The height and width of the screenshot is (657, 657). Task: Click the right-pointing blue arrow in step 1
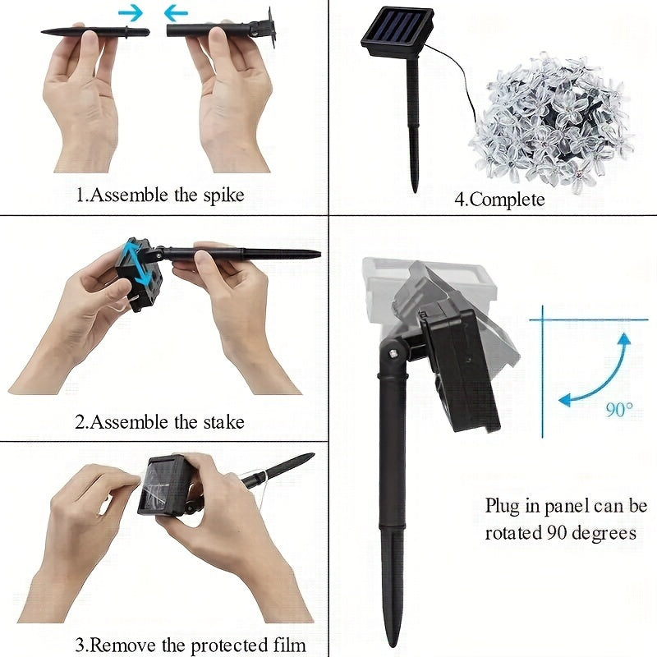point(130,12)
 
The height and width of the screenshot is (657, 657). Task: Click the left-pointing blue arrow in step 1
point(176,12)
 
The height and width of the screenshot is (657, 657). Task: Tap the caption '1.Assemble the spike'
point(160,195)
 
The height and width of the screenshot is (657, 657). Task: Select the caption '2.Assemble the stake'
point(159,422)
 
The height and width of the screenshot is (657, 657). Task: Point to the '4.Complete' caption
point(499,199)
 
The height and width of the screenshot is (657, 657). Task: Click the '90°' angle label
point(619,410)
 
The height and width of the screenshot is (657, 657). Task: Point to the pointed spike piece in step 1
point(95,32)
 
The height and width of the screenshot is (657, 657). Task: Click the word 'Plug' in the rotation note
point(502,505)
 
